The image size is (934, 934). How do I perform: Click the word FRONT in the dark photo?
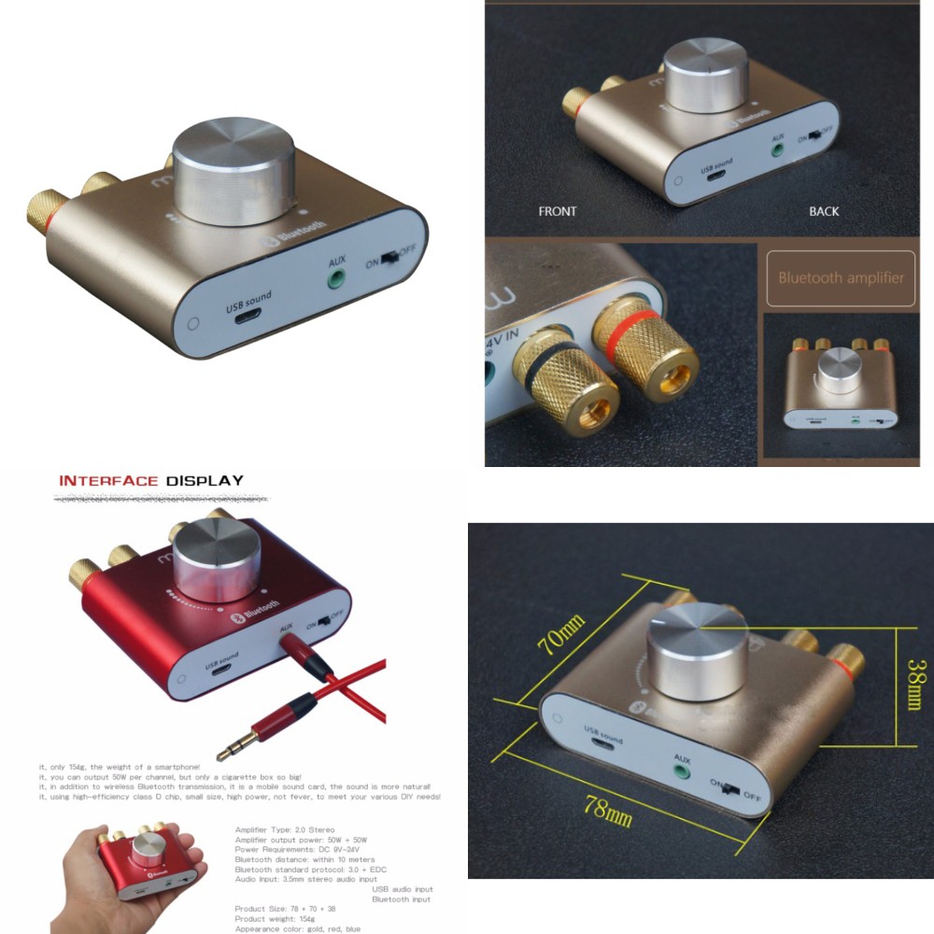(x=558, y=212)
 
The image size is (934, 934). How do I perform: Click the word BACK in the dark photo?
(x=824, y=212)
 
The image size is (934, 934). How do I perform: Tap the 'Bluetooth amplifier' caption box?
(x=841, y=277)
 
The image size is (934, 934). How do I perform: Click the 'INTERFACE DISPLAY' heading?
(x=151, y=481)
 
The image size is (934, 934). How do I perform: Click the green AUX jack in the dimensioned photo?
(x=682, y=770)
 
